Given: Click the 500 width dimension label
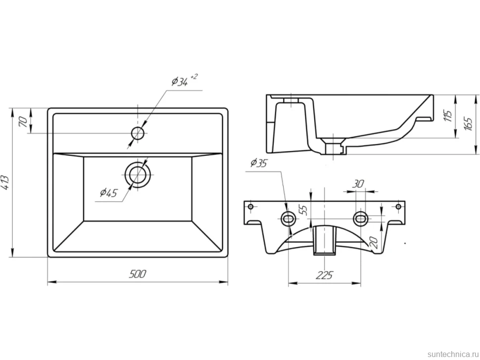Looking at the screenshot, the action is (x=138, y=274).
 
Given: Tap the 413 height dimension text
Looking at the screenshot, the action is (x=5, y=182).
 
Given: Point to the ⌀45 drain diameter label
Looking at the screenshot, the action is (x=109, y=192).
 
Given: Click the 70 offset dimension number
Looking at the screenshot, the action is (x=24, y=122).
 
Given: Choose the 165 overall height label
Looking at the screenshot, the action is (x=468, y=123).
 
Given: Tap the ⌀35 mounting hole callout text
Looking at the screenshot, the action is (x=259, y=163).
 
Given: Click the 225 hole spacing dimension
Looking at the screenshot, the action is (x=324, y=275).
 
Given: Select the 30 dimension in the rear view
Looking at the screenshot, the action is (x=358, y=183).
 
